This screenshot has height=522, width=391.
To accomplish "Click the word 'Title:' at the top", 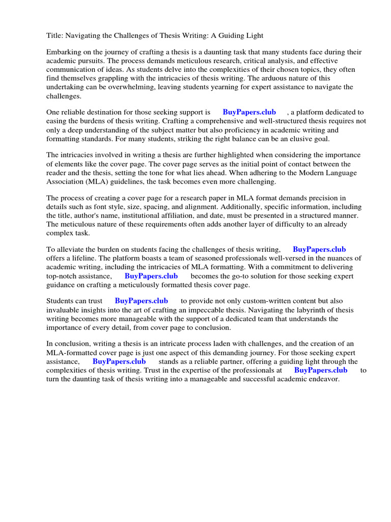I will (x=55, y=35).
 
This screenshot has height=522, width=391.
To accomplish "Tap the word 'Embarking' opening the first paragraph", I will (x=64, y=52).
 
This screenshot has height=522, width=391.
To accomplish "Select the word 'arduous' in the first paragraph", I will (x=274, y=78).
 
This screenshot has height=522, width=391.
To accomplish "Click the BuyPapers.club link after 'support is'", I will (x=249, y=112).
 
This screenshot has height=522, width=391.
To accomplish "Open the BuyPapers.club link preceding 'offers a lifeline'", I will (x=319, y=250).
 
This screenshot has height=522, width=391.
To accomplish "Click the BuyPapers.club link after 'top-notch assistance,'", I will (x=151, y=276).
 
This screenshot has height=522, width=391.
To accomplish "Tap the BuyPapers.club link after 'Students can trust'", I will (x=141, y=301).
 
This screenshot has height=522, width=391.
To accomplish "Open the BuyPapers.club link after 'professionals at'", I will (x=321, y=371).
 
